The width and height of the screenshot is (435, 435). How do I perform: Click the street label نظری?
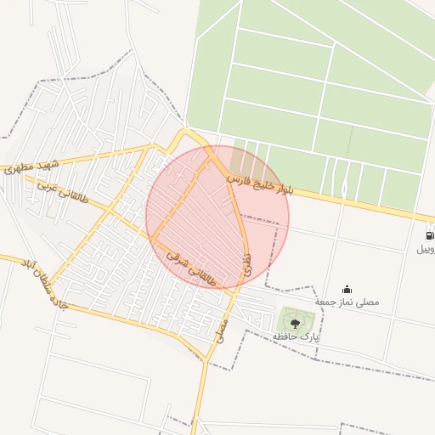pos(246,263)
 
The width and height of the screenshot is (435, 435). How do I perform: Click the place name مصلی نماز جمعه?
pos(347,302)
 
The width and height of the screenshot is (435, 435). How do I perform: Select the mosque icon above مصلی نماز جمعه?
pos(347,289)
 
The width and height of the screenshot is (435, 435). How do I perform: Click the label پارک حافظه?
pos(296,337)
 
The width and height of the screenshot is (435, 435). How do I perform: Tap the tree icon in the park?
pos(295,323)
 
